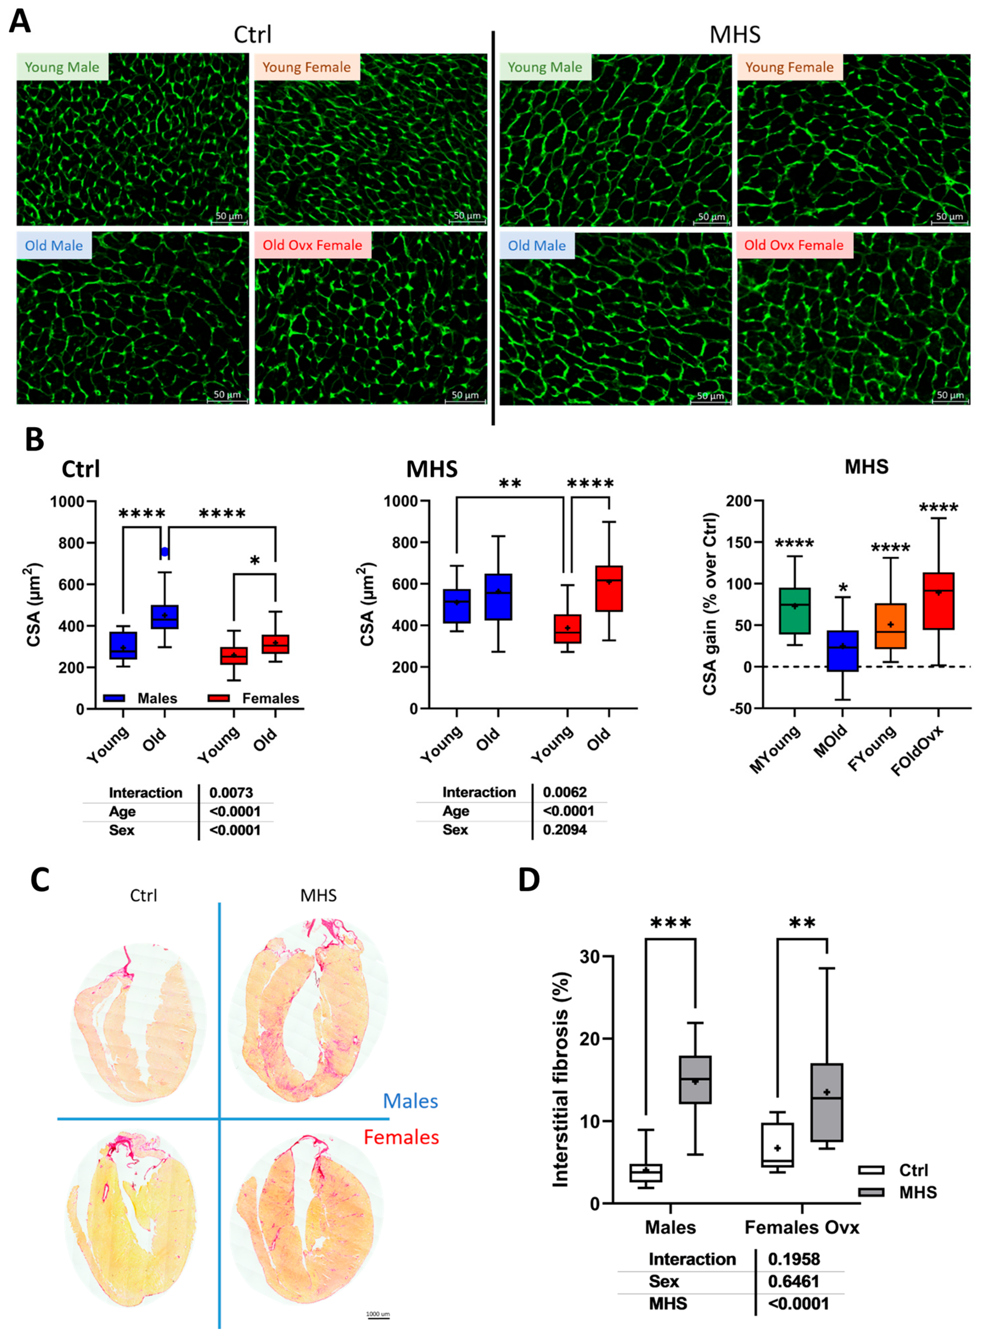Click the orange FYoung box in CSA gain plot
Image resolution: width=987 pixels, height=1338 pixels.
tap(890, 626)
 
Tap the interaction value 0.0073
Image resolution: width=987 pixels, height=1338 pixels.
tap(231, 793)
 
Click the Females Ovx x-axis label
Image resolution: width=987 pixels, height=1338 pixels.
tap(801, 1227)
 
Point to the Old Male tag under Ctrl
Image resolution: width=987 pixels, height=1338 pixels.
tap(54, 246)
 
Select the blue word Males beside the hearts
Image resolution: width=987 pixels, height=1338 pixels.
tap(410, 1101)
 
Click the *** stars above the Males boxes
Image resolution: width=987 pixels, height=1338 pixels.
tap(670, 923)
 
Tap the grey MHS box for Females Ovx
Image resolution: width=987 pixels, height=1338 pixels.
tap(826, 1103)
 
